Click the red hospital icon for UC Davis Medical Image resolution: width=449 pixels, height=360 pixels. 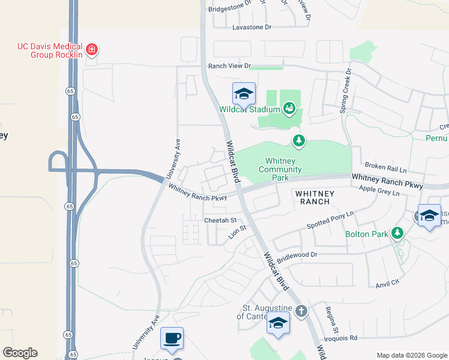pos(91,49)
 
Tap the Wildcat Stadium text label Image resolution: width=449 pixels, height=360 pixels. pos(249,109)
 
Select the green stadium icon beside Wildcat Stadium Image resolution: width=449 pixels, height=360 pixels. pos(289,109)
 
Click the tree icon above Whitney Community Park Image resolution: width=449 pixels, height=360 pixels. pos(298,140)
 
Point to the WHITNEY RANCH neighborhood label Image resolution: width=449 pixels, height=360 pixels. pos(312,197)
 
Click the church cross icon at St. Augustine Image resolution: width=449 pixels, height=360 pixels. pos(301,311)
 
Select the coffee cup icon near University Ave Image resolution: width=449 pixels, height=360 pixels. pos(172,338)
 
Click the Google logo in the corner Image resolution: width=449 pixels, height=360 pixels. pos(20,353)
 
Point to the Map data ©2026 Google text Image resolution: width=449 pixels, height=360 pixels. pos(411,355)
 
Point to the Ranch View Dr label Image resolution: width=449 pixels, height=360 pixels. pos(229,65)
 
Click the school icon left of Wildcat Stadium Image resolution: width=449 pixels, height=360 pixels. pos(244,94)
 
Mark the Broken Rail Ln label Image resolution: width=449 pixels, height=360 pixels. pos(386,165)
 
